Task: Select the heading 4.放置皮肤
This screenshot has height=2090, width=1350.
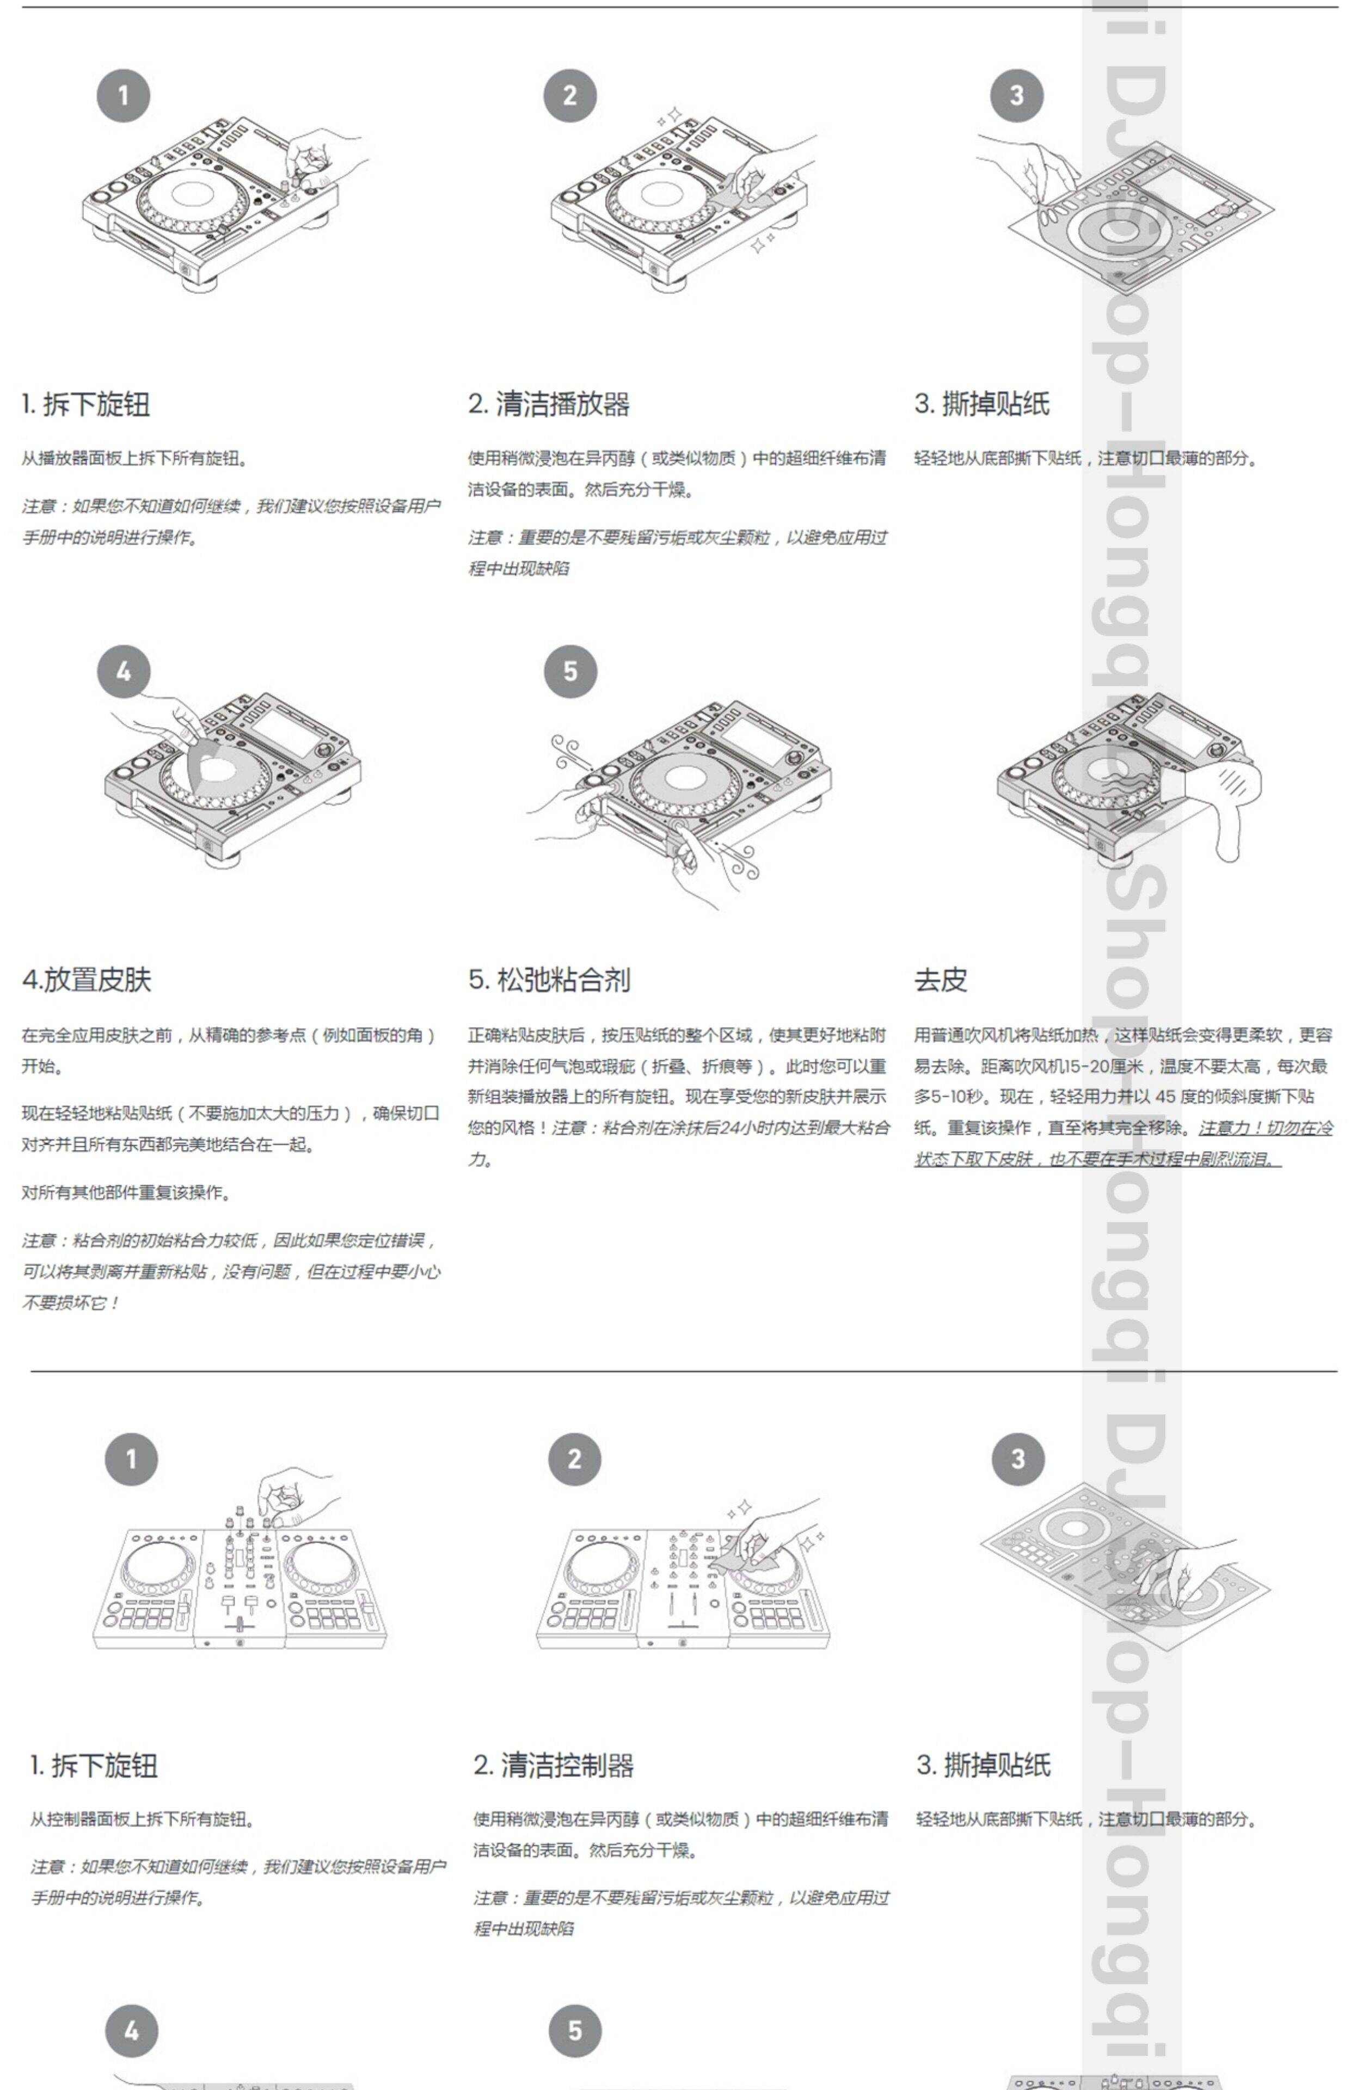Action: pos(87,980)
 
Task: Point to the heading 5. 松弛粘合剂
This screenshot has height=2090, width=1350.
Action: pos(549,980)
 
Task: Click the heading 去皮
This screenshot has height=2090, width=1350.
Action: pos(941,980)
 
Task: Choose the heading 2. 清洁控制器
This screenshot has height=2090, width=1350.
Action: pos(553,1765)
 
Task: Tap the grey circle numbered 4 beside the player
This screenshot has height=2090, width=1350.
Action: pos(124,672)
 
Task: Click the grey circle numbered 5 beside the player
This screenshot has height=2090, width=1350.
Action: pos(570,672)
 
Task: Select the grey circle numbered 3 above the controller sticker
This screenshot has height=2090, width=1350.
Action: pos(1018,1459)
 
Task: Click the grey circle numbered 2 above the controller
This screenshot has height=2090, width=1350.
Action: pos(575,1459)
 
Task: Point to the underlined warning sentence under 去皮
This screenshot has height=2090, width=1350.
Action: pos(1122,1144)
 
